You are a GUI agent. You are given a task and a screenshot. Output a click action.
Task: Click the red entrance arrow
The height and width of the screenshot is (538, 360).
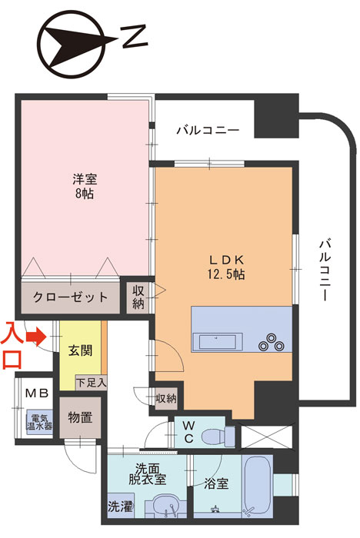point(37,337)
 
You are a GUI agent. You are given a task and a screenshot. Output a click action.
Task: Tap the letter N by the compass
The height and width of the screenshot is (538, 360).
point(135,37)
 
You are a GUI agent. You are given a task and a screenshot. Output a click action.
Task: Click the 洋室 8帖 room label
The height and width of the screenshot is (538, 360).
point(84,186)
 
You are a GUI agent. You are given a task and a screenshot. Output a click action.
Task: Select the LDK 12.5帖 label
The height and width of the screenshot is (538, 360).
point(226,267)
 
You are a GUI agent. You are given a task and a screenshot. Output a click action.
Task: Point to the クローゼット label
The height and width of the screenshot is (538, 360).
point(71,297)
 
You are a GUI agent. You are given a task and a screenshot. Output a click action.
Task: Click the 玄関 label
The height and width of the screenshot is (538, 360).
point(80,350)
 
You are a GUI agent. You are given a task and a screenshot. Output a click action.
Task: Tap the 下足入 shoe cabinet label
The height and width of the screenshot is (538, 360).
point(92,382)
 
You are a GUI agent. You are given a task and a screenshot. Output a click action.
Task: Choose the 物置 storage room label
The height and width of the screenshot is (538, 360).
point(80,417)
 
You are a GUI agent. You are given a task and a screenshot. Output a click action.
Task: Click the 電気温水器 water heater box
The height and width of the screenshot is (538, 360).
point(40,423)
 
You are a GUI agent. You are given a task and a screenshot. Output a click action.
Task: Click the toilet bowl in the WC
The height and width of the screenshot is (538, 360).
point(218,436)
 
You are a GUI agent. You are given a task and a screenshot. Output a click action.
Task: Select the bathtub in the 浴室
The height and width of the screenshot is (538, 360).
point(258,487)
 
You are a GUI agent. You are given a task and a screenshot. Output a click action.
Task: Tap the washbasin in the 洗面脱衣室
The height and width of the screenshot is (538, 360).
point(166,506)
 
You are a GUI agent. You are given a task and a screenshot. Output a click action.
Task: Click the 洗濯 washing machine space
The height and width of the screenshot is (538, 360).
point(120,506)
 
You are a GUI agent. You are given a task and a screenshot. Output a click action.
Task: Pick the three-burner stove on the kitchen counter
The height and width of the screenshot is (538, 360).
point(272,342)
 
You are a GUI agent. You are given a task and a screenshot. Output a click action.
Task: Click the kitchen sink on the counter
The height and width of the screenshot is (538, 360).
point(218,342)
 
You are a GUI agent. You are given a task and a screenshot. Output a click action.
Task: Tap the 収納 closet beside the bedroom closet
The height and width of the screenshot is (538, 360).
point(138,297)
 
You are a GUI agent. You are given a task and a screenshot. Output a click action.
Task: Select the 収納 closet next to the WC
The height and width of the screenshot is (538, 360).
point(166,398)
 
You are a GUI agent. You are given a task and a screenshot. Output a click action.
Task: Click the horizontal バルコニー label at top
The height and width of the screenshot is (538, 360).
point(208,131)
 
